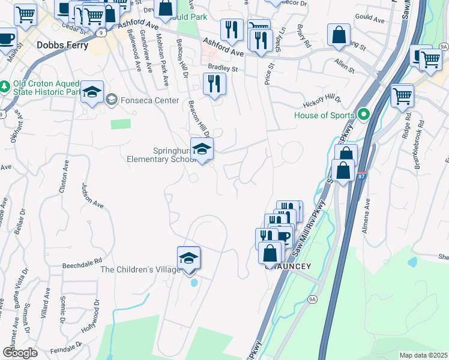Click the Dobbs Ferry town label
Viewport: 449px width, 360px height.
(x=62, y=45)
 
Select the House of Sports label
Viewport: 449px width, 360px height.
(x=325, y=115)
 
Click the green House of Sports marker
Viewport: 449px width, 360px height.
(x=363, y=114)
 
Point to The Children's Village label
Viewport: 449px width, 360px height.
(x=140, y=269)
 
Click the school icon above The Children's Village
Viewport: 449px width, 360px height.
(x=189, y=257)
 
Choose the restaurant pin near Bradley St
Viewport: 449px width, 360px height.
(x=214, y=84)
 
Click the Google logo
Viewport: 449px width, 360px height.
(x=20, y=353)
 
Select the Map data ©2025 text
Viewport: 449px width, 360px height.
(x=423, y=355)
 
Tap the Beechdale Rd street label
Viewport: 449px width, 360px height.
(x=83, y=264)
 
